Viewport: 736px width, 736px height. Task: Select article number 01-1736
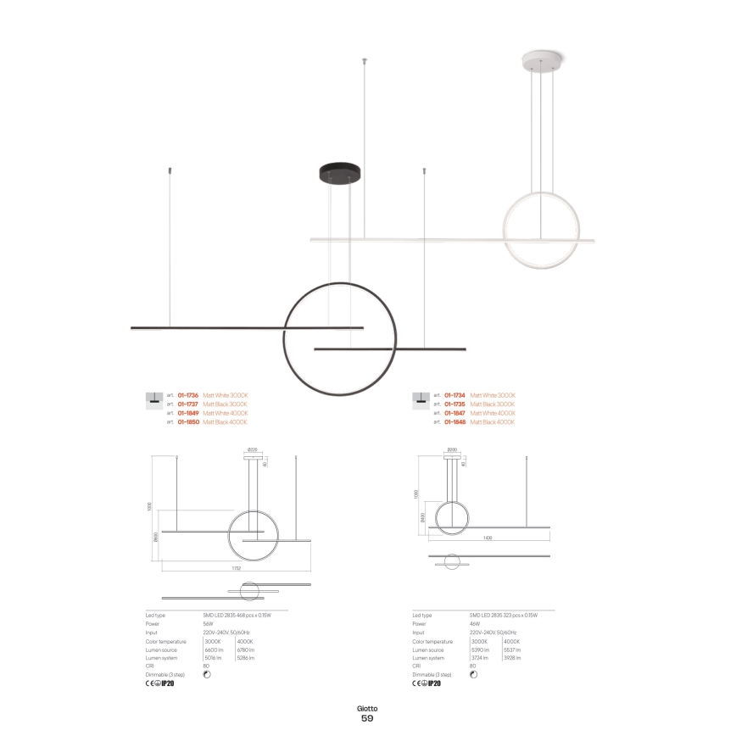pyautogui.click(x=187, y=396)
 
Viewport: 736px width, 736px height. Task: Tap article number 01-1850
pyautogui.click(x=187, y=421)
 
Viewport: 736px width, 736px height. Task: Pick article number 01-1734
pyautogui.click(x=454, y=396)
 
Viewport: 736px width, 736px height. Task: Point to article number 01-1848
pyautogui.click(x=454, y=421)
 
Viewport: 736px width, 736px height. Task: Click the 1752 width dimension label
pyautogui.click(x=237, y=567)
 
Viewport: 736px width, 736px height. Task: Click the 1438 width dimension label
pyautogui.click(x=488, y=538)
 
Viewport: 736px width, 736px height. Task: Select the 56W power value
pyautogui.click(x=208, y=623)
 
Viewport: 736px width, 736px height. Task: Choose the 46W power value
pyautogui.click(x=474, y=623)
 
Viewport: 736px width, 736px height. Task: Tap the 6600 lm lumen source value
pyautogui.click(x=213, y=650)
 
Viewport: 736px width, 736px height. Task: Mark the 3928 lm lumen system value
pyautogui.click(x=512, y=658)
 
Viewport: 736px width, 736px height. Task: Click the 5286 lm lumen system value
pyautogui.click(x=246, y=658)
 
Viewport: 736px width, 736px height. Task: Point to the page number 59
pyautogui.click(x=367, y=718)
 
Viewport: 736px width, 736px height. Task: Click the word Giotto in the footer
pyautogui.click(x=367, y=707)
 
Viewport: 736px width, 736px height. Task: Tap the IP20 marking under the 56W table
pyautogui.click(x=168, y=683)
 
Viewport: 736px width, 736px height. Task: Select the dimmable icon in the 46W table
pyautogui.click(x=473, y=674)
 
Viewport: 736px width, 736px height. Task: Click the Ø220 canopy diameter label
pyautogui.click(x=252, y=449)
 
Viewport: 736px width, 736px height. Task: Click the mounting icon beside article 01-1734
pyautogui.click(x=418, y=397)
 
